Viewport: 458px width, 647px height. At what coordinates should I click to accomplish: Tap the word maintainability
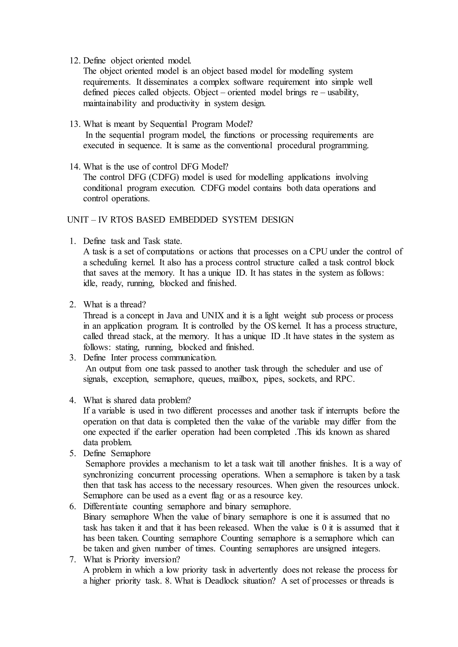pos(110,104)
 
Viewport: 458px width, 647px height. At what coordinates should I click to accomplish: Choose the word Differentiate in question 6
pos(105,507)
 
